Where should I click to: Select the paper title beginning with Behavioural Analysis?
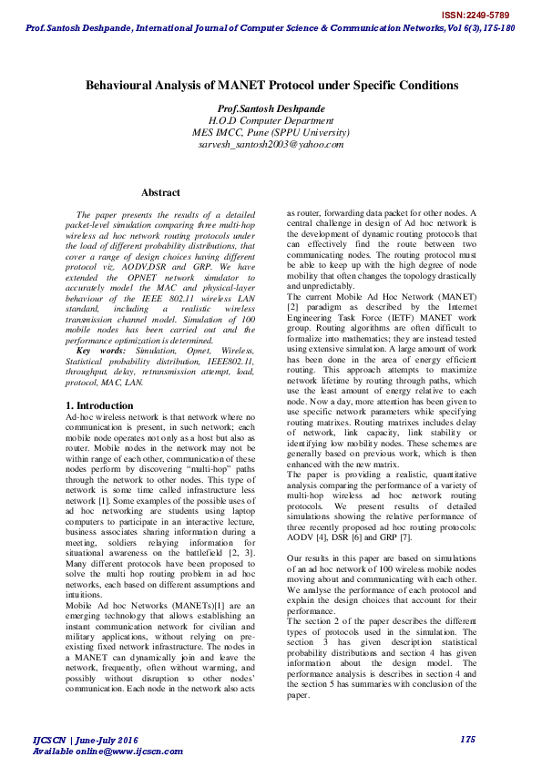pyautogui.click(x=271, y=85)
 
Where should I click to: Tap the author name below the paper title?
pyautogui.click(x=271, y=107)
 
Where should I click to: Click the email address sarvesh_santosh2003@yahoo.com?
pyautogui.click(x=271, y=144)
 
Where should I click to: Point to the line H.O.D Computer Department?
pyautogui.click(x=271, y=119)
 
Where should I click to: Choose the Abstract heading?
pyautogui.click(x=160, y=192)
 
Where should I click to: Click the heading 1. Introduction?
pyautogui.click(x=100, y=404)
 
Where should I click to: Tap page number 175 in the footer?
pyautogui.click(x=468, y=739)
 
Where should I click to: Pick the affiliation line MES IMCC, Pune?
pyautogui.click(x=271, y=131)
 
